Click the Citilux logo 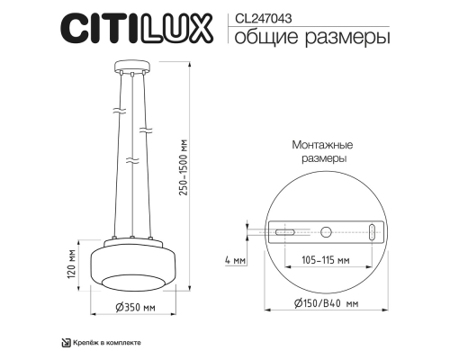[135, 28]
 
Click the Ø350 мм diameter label [135, 307]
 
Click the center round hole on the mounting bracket [327, 232]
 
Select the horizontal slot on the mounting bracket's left [283, 232]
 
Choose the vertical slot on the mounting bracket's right [370, 232]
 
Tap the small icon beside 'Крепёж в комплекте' [65, 343]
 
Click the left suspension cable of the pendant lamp [125, 153]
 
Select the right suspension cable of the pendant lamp [143, 153]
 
